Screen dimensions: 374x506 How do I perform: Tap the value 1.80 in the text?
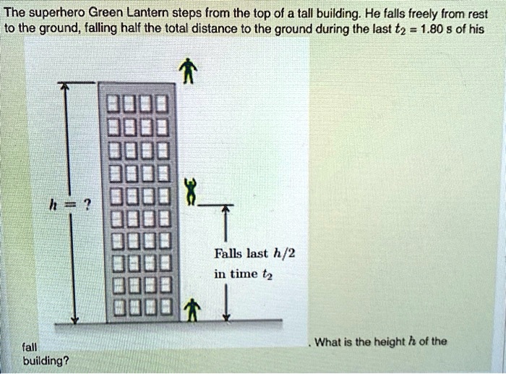click(x=430, y=29)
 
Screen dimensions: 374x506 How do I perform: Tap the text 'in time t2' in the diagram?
click(x=242, y=274)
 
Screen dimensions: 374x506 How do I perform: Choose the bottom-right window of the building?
click(x=163, y=307)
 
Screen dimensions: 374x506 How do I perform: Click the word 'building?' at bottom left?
click(x=46, y=360)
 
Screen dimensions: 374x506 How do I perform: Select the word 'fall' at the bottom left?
click(x=30, y=347)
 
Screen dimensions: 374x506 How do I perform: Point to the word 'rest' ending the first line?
click(x=478, y=12)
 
